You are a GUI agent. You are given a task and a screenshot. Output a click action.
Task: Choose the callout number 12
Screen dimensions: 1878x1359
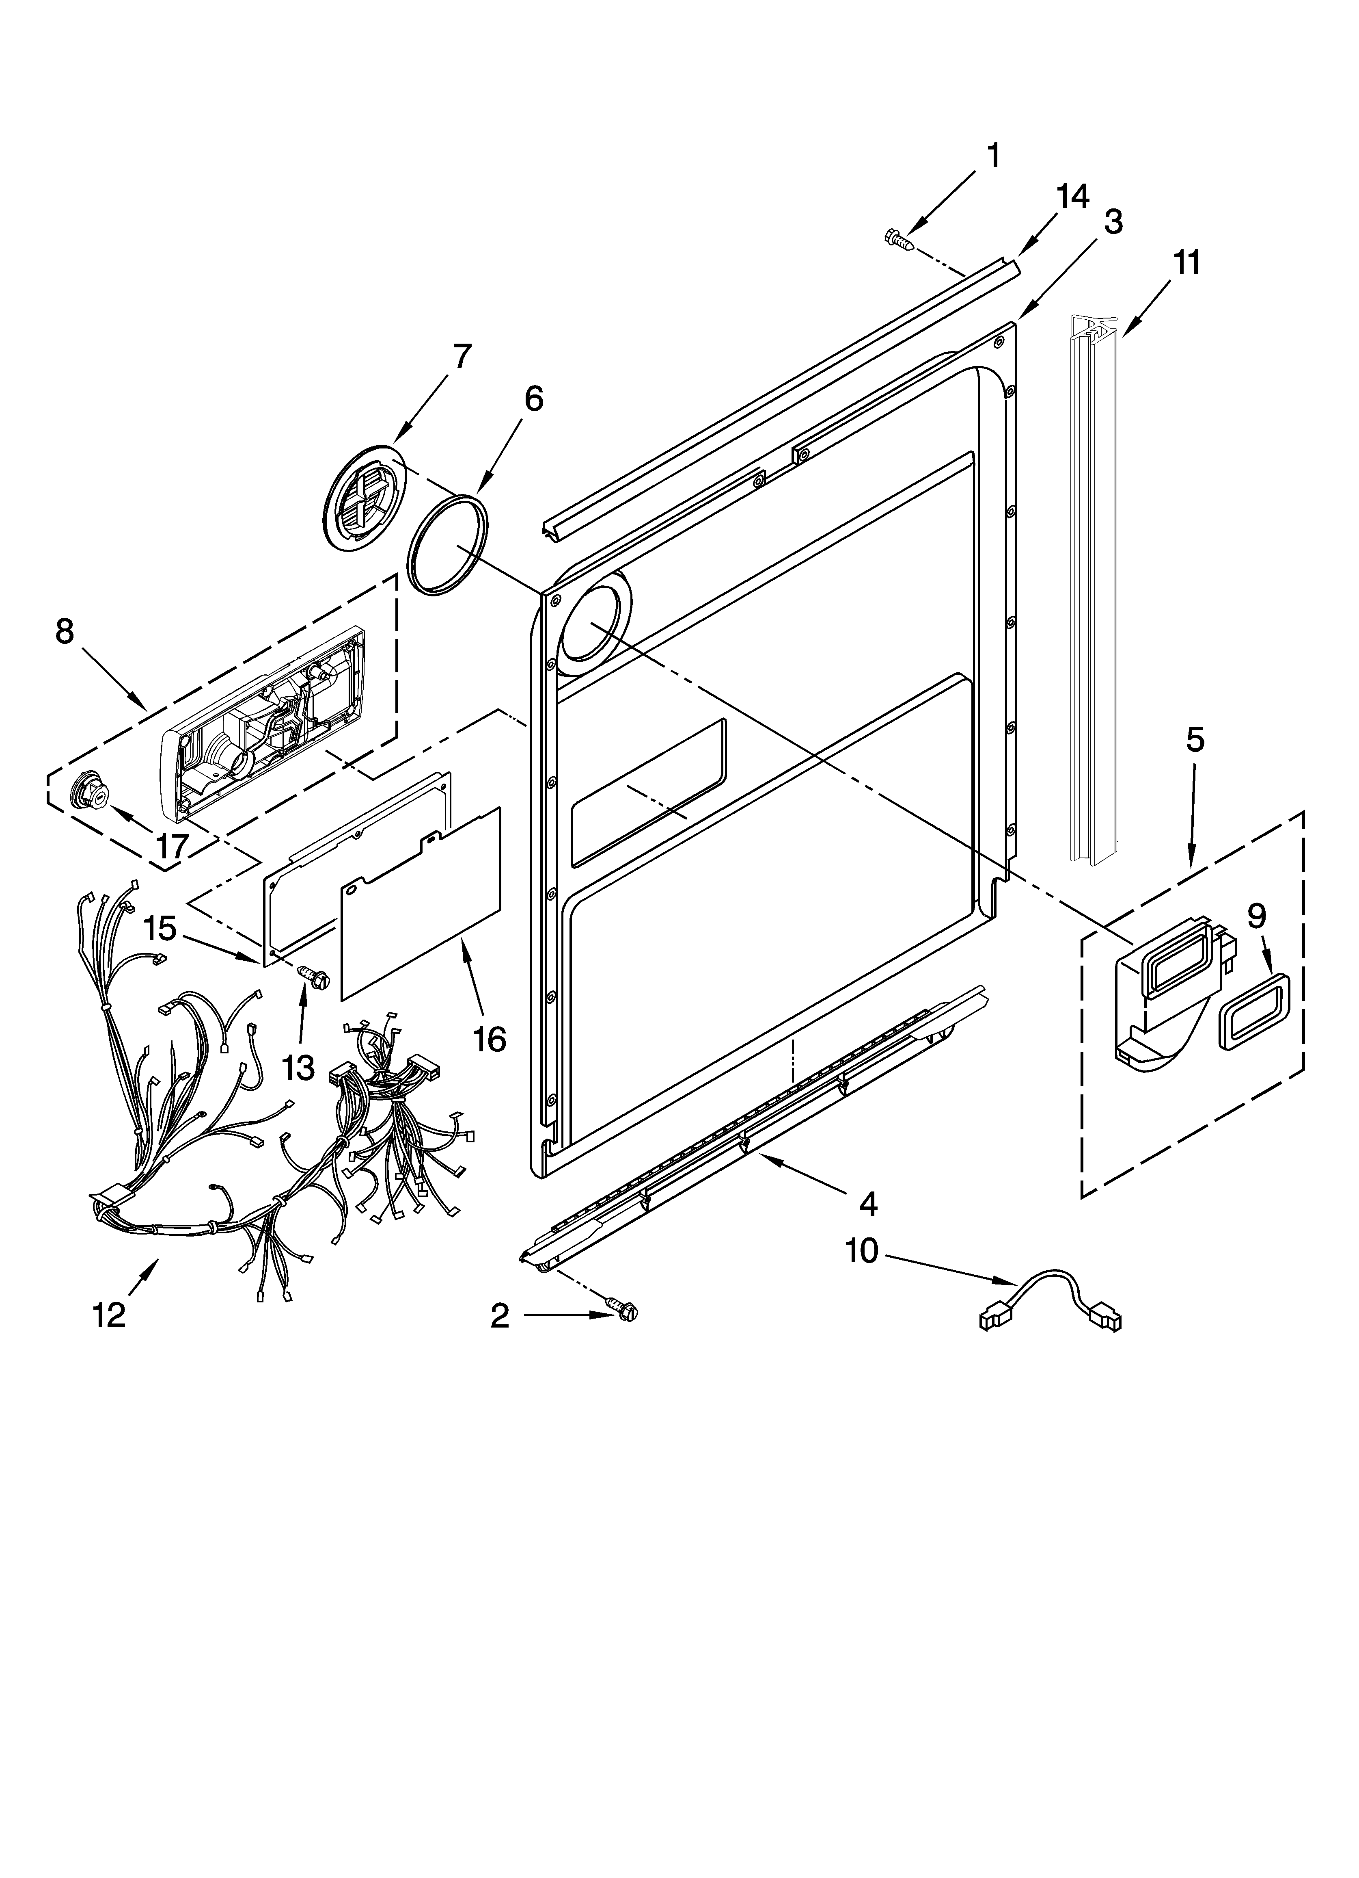[109, 1314]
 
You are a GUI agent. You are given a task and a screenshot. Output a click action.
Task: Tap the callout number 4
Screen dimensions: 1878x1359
[867, 1203]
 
